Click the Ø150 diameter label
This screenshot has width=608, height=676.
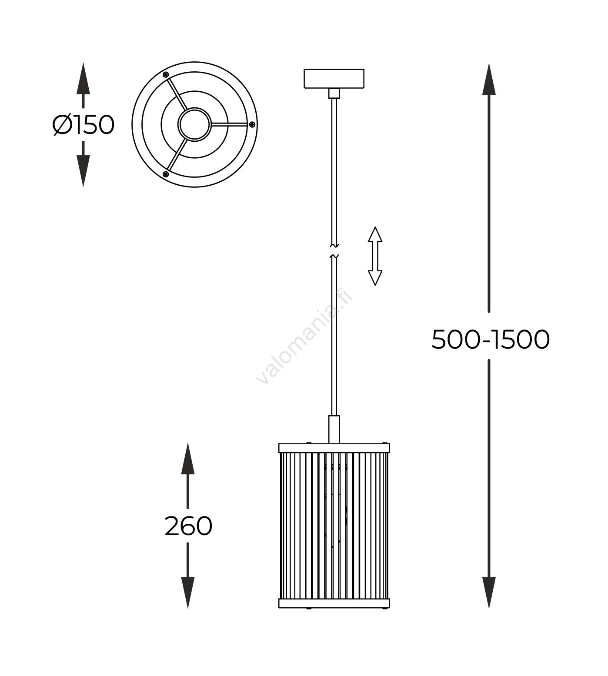(x=83, y=125)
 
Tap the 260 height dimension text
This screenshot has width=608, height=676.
(x=188, y=527)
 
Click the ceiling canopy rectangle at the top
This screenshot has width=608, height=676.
(x=334, y=79)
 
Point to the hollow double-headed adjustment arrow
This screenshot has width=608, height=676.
(x=375, y=256)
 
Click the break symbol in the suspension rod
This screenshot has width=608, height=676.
(x=334, y=251)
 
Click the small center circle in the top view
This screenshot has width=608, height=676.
(x=194, y=124)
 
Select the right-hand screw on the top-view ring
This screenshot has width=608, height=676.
(x=252, y=125)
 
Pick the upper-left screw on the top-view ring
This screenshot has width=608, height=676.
(x=166, y=75)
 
